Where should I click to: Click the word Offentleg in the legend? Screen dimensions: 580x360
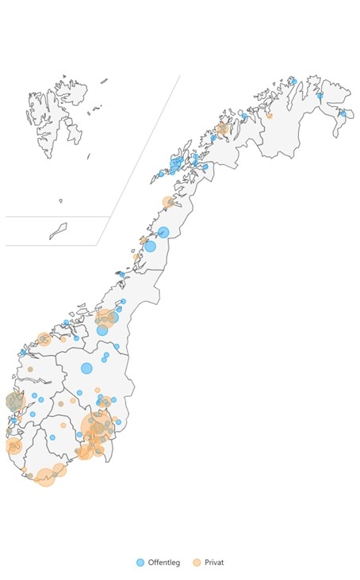point(164,563)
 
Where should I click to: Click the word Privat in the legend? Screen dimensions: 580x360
point(214,563)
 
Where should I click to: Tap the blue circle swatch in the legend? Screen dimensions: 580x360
point(140,563)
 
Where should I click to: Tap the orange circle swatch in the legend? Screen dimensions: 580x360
point(197,563)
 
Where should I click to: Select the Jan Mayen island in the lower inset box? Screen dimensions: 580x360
point(58,231)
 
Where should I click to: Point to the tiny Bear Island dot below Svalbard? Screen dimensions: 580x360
point(60,200)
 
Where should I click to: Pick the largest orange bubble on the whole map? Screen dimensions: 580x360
point(97,425)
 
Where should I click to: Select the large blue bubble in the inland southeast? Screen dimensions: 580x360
point(86,368)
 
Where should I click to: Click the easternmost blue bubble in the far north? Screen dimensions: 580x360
point(343,113)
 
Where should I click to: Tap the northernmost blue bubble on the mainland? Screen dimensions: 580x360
point(293,82)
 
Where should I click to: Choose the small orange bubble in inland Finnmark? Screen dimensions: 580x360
point(269,116)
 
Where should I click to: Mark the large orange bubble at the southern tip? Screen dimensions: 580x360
point(46,477)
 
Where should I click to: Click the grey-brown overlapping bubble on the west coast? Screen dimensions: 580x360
point(14,402)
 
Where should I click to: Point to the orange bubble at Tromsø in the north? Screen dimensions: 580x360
point(223,128)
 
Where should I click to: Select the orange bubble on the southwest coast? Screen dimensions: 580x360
point(13,446)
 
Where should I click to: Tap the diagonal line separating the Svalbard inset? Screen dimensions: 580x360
point(139,158)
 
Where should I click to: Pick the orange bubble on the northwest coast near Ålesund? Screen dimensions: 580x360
point(44,339)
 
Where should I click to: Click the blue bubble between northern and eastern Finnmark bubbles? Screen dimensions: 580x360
point(320,96)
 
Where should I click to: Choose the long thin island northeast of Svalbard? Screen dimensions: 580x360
point(103,80)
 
